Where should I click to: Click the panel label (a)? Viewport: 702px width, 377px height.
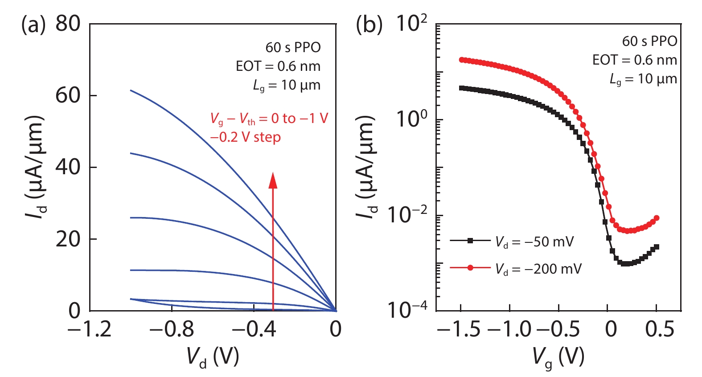coord(33,25)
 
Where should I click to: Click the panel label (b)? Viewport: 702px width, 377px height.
coord(369,25)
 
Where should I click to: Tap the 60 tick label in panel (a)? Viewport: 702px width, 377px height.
coord(68,95)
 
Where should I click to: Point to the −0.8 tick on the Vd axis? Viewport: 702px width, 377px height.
coord(172,329)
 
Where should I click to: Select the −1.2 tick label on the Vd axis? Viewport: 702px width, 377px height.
coord(89,329)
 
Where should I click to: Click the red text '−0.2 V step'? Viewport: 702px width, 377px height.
coord(245,137)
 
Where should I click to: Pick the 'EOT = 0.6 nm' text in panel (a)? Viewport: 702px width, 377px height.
coord(278,66)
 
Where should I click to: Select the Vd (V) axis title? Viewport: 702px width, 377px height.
coord(213,357)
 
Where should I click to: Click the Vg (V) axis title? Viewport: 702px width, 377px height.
coord(558,357)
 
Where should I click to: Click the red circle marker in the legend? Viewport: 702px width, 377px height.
coord(470,268)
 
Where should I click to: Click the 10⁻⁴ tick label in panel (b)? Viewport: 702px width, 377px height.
coord(407,310)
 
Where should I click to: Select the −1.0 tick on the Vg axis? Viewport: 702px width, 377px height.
coord(509,329)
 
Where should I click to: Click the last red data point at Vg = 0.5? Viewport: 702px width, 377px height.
coord(656,218)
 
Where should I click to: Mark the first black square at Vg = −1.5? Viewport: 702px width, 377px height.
coord(461,88)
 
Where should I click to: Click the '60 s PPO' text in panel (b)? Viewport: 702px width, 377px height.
coord(649,41)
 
